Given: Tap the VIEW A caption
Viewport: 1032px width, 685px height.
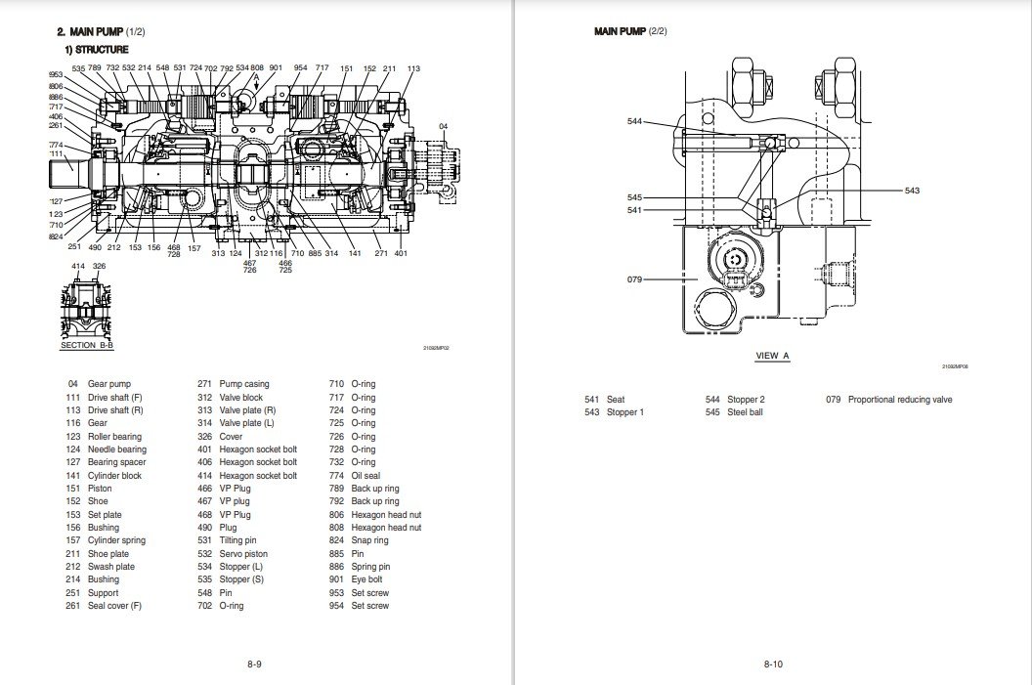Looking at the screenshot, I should (772, 356).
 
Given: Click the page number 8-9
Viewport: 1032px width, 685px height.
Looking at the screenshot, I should (253, 664).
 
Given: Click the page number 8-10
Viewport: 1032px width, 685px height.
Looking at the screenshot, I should (772, 664).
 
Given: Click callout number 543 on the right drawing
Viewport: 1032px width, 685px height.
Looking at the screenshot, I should (912, 191).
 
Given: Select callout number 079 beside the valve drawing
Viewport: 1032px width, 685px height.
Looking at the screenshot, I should (634, 279).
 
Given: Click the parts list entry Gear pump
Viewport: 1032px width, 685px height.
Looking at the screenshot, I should (108, 384).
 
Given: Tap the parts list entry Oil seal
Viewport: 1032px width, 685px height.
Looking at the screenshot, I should (365, 476).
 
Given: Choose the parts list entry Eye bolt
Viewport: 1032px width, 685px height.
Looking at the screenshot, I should (367, 579).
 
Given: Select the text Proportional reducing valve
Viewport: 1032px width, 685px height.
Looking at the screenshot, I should (899, 400).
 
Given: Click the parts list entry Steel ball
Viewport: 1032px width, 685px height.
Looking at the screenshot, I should (749, 412).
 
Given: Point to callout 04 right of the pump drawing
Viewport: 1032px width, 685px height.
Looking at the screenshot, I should (443, 127).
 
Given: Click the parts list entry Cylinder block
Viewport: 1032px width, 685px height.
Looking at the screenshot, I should (114, 476).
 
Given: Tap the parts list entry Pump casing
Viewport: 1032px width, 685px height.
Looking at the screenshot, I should (244, 384).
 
